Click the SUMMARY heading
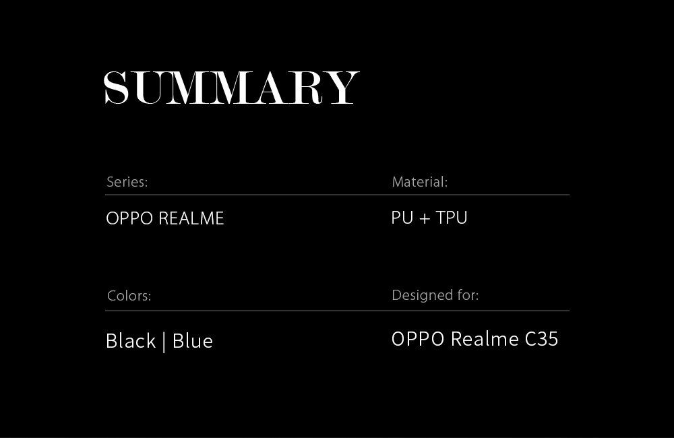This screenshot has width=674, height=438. [x=231, y=88]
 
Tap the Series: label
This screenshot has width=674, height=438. [x=127, y=182]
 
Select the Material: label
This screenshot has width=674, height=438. [x=419, y=182]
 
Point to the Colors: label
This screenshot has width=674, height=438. [x=129, y=296]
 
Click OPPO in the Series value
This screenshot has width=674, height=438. [x=129, y=218]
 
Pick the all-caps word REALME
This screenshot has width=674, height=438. [x=191, y=218]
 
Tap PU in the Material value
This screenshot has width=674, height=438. [x=402, y=218]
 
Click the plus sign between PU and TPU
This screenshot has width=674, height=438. [x=425, y=218]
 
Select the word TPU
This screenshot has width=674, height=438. [x=452, y=218]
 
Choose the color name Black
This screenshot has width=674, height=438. [x=131, y=341]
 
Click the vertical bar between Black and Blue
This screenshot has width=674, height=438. [x=164, y=342]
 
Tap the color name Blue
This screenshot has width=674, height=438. [x=193, y=341]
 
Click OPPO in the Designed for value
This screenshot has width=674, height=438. [x=418, y=339]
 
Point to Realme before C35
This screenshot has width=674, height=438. [x=485, y=339]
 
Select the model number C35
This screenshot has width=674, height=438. [x=542, y=339]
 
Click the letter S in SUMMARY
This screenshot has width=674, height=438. [x=117, y=88]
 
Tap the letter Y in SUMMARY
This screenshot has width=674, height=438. [x=342, y=88]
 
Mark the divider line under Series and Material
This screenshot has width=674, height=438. [x=338, y=195]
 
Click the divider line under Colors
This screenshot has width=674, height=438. [x=338, y=311]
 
